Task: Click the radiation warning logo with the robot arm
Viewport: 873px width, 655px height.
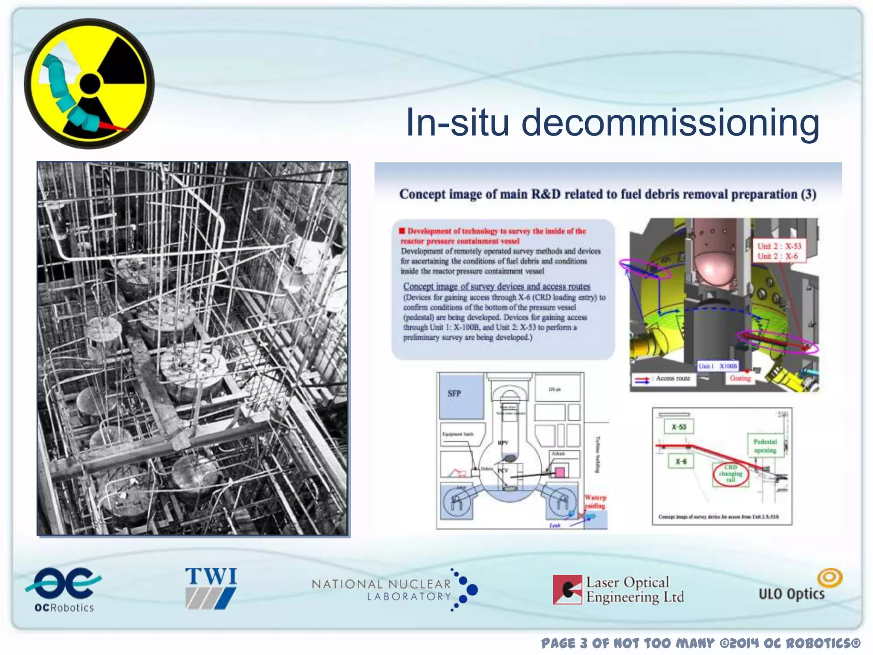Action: pos(89,84)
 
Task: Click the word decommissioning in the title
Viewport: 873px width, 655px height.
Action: pos(670,123)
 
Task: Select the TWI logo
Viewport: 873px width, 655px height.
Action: pos(211,588)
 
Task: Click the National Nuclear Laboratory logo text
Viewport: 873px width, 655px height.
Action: pos(382,590)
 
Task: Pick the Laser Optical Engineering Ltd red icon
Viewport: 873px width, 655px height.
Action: pos(567,589)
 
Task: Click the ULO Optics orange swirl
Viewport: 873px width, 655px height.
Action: pos(830,578)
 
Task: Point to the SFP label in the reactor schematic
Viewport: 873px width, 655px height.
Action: pos(454,394)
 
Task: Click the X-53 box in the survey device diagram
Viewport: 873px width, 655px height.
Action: pos(679,427)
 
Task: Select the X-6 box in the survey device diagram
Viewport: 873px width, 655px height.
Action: pos(681,461)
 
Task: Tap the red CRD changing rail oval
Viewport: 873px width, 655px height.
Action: pos(731,473)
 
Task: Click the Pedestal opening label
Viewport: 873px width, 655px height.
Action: pos(765,446)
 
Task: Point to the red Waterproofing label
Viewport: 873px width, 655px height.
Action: pos(595,502)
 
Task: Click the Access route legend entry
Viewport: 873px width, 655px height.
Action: pos(673,378)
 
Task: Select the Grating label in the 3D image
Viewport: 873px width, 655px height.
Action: pos(740,378)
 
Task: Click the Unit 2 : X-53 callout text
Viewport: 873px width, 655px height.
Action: pos(779,246)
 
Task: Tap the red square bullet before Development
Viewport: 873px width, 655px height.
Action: pos(402,231)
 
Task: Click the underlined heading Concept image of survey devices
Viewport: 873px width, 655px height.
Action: pos(497,287)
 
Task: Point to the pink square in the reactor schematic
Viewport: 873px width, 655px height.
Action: pos(559,472)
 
